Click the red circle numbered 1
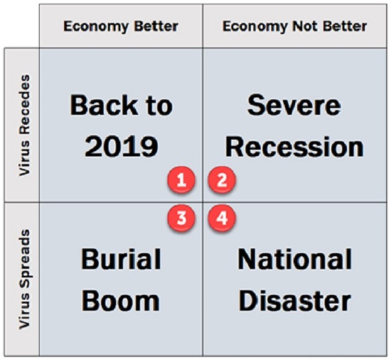181,180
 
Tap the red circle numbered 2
222,180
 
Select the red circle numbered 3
181,218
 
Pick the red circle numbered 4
222,218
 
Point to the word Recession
294,147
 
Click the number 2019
122,147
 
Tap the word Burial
121,259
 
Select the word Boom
120,300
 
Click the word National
295,259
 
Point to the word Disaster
295,300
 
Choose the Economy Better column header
121,26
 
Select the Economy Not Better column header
295,26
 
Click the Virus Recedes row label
25,125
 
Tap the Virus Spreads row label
25,279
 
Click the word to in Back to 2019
160,106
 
